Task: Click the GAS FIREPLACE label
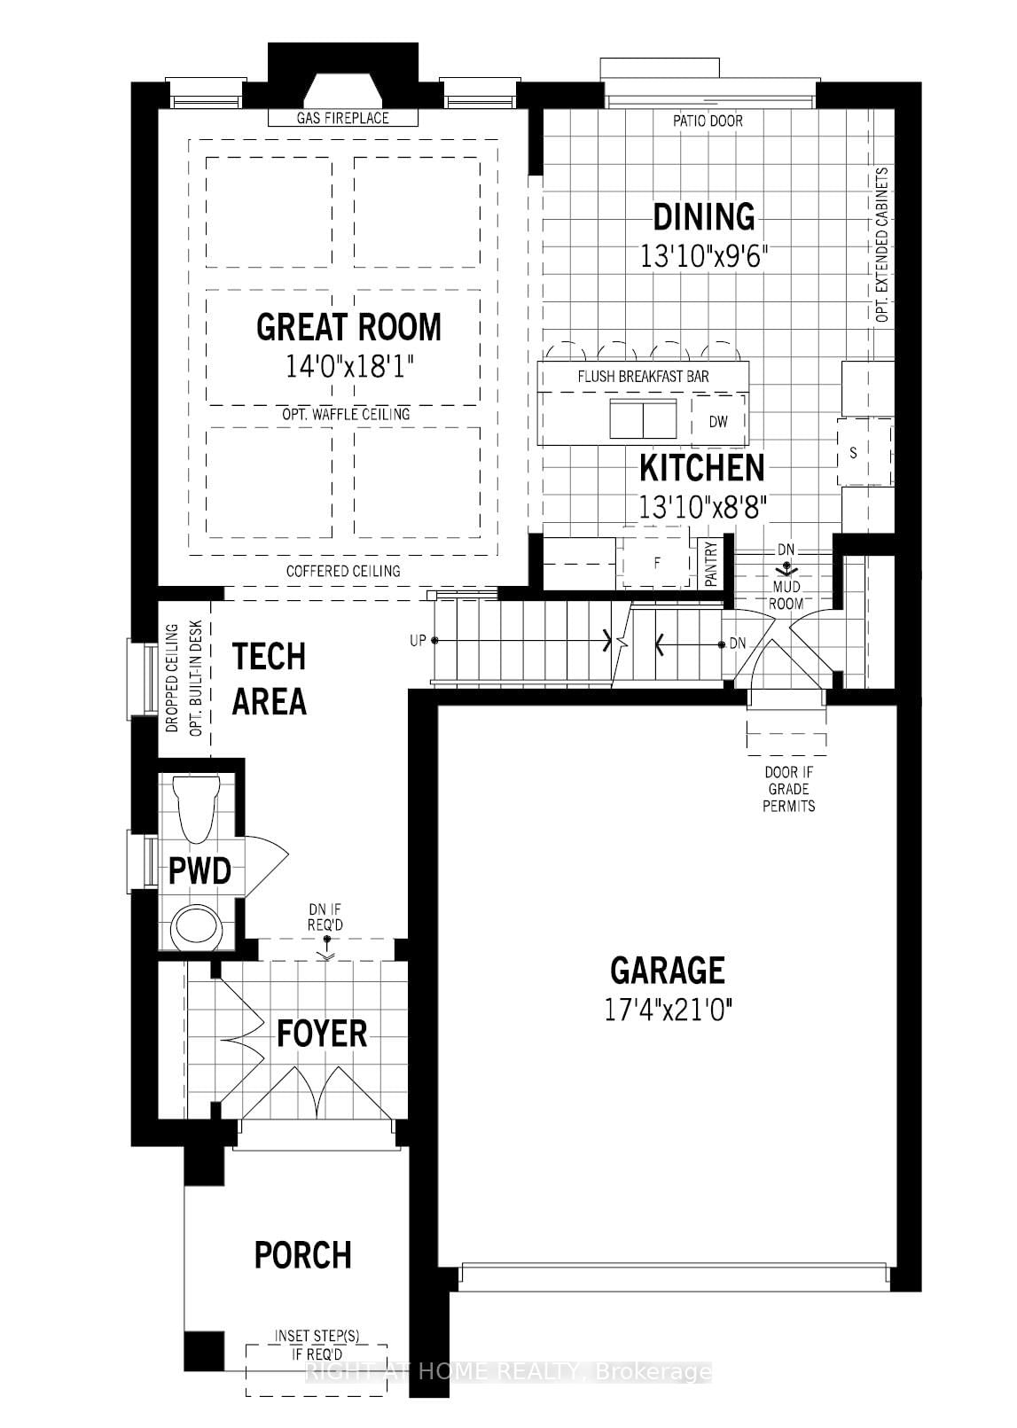(342, 118)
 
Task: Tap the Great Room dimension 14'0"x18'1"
(349, 367)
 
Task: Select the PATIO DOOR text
(707, 121)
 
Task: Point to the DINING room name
(704, 217)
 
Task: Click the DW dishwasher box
(718, 422)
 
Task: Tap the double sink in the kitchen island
(643, 418)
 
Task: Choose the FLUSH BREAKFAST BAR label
(643, 377)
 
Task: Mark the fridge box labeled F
(657, 563)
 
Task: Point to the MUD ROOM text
(786, 595)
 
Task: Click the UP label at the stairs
(418, 640)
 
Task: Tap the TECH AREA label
(269, 679)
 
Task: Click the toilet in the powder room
(196, 807)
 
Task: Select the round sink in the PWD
(196, 926)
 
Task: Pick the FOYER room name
(321, 1034)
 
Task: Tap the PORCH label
(302, 1255)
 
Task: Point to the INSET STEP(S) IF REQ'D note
(317, 1345)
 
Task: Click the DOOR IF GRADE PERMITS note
(788, 789)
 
